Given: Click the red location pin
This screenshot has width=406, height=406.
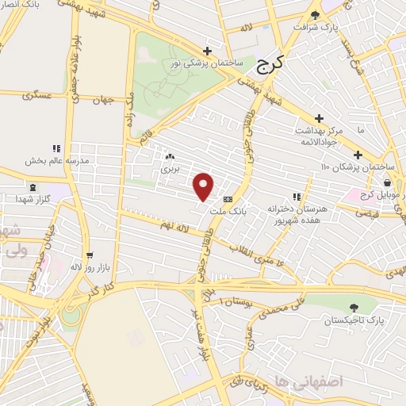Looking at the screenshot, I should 204,186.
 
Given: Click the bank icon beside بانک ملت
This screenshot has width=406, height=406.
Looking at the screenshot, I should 228,199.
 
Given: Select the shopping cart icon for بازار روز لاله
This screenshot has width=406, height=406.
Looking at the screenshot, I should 90,255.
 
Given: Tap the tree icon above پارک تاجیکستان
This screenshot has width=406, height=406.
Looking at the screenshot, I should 353,308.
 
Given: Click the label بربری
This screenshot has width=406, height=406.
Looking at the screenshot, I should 171,168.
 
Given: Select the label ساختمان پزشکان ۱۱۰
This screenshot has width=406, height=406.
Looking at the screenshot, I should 358,167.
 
